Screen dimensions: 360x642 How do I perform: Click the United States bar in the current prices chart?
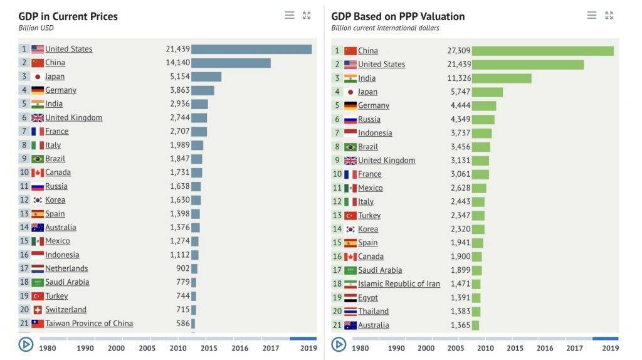point(251,49)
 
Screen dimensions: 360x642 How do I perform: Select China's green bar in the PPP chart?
point(542,51)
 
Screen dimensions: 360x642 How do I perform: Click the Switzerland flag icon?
point(38,310)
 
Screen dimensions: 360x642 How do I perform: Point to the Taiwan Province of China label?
point(89,324)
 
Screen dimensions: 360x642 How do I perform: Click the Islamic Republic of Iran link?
point(399,284)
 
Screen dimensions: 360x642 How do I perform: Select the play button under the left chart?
point(26,344)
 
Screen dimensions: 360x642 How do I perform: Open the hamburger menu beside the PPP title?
point(592,15)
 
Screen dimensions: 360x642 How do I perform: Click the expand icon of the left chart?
point(307,15)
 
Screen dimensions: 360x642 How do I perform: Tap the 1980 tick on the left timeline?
point(48,348)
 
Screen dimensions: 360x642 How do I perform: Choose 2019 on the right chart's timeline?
point(610,348)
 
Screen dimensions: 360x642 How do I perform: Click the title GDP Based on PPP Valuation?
point(398,16)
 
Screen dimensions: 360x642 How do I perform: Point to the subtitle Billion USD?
point(36,28)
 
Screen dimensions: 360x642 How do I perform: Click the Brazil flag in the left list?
point(38,159)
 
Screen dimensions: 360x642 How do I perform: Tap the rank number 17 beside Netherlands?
point(24,268)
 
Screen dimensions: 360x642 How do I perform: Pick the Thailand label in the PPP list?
point(373,312)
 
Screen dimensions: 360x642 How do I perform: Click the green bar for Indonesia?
point(481,133)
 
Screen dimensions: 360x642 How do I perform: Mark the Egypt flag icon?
point(350,298)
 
